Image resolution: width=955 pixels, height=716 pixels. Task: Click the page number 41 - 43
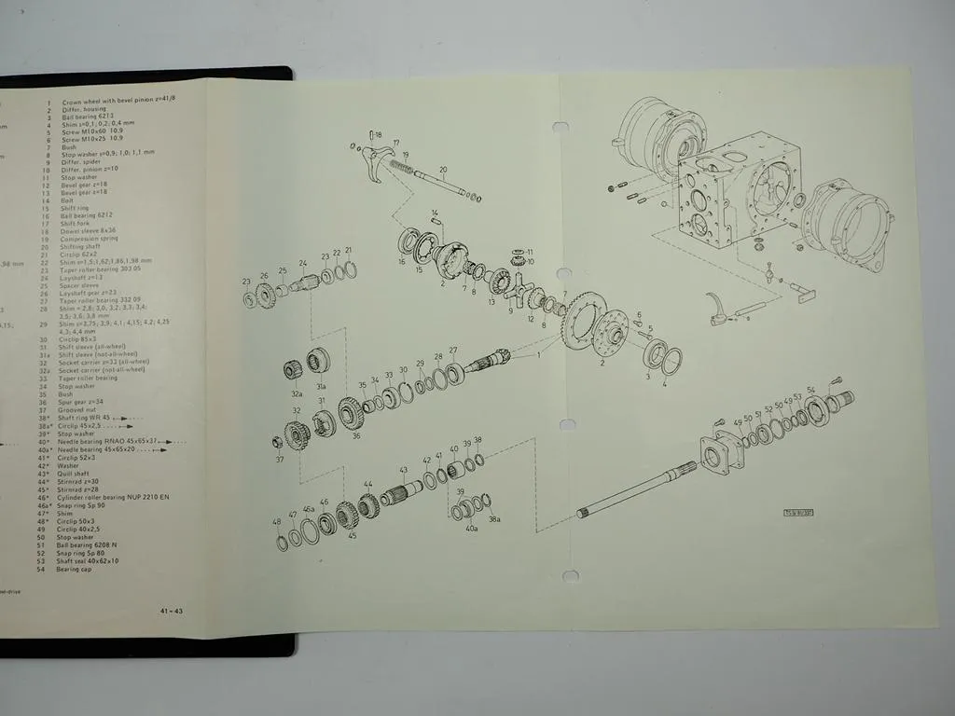click(x=171, y=611)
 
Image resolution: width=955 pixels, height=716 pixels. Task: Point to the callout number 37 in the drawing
click(x=279, y=460)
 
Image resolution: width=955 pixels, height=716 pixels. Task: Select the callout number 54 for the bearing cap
click(x=810, y=390)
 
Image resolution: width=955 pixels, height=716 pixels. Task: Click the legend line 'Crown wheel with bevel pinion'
click(x=118, y=102)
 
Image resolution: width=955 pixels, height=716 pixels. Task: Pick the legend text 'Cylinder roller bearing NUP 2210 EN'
click(x=112, y=498)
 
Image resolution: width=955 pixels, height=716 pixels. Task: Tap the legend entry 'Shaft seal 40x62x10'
click(x=89, y=560)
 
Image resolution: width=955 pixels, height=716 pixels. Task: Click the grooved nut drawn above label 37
click(x=277, y=442)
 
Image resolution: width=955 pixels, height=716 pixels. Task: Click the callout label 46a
click(x=309, y=509)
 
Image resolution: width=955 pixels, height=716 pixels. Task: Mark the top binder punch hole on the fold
click(x=561, y=127)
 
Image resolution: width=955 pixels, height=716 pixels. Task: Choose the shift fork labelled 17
click(x=379, y=162)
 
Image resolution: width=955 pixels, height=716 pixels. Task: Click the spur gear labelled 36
click(x=352, y=412)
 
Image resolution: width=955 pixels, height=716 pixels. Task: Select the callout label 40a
click(x=471, y=528)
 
